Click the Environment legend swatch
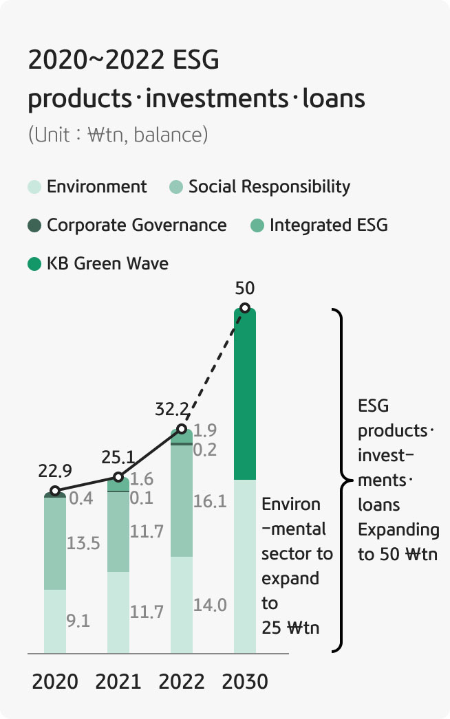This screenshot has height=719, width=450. click(35, 186)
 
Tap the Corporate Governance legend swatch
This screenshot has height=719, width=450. click(35, 225)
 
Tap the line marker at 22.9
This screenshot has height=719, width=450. click(55, 491)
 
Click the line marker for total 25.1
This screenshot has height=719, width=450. click(118, 477)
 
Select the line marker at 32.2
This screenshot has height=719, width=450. click(182, 429)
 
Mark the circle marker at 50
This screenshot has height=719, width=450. click(244, 308)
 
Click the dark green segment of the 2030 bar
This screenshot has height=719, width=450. click(245, 395)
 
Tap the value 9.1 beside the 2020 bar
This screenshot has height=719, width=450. click(78, 621)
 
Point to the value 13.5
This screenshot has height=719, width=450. click(83, 543)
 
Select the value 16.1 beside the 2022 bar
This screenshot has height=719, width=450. click(210, 502)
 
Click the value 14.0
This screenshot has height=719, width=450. click(210, 605)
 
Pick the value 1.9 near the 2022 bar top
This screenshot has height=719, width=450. click(205, 431)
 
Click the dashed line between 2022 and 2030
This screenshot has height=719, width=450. click(213, 368)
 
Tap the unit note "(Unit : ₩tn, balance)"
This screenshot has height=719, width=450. click(118, 134)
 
